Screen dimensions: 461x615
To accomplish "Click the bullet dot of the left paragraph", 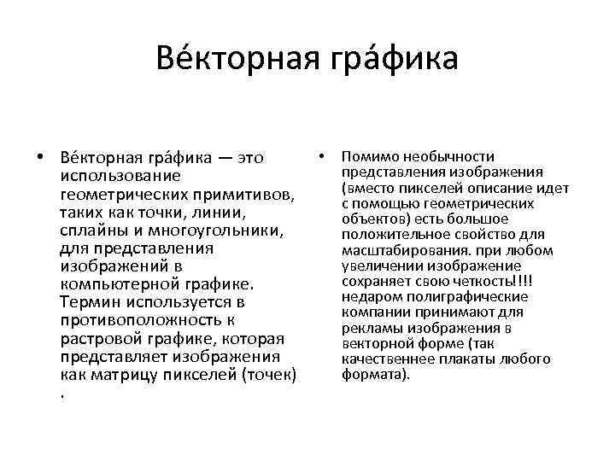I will (x=41, y=157).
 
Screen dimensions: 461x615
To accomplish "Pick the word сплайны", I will (x=91, y=231).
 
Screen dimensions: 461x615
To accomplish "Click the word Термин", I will (x=90, y=301).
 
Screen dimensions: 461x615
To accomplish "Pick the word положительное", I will (x=390, y=235).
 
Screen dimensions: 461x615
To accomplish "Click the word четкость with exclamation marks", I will (x=486, y=282).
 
